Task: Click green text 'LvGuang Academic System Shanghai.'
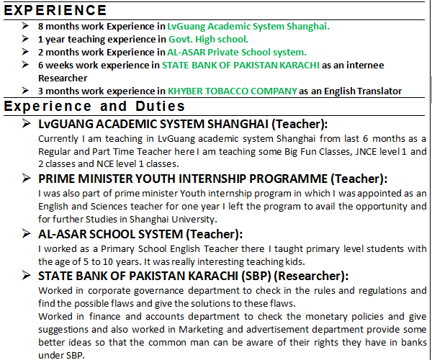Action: pyautogui.click(x=248, y=26)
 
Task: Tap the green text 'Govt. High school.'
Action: pyautogui.click(x=208, y=39)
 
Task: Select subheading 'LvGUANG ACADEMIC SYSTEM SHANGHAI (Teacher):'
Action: pyautogui.click(x=183, y=123)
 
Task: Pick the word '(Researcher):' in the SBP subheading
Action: pyautogui.click(x=312, y=276)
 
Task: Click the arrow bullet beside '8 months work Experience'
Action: pyautogui.click(x=26, y=26)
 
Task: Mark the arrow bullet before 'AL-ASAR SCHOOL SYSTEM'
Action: pyautogui.click(x=27, y=234)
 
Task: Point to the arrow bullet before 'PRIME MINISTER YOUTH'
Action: pyautogui.click(x=27, y=179)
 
